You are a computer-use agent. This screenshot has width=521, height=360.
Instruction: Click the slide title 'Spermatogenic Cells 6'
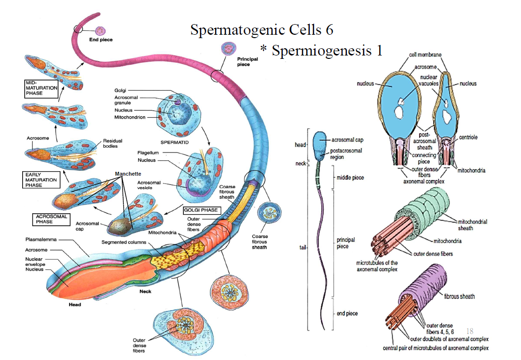(261, 29)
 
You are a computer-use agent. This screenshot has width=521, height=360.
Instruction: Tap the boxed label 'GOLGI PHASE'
(201, 210)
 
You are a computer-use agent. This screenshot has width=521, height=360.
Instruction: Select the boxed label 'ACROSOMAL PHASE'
(51, 219)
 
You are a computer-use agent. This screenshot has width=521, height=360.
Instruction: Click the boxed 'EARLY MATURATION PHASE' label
(40, 180)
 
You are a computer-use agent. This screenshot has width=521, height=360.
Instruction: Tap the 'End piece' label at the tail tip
(101, 40)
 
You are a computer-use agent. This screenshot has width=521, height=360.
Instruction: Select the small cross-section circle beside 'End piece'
(101, 30)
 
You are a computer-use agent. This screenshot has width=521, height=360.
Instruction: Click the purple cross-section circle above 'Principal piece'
(229, 49)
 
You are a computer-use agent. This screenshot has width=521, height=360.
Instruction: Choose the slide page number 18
(470, 332)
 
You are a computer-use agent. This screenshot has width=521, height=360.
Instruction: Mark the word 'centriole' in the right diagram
(468, 138)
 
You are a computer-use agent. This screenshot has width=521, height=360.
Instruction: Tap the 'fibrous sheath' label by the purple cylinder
(459, 297)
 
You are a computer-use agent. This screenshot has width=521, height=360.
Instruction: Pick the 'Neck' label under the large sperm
(145, 291)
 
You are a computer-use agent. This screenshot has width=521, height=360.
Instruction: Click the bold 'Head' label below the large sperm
(74, 305)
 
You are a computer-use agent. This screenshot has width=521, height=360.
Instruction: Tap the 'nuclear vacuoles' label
(428, 80)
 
